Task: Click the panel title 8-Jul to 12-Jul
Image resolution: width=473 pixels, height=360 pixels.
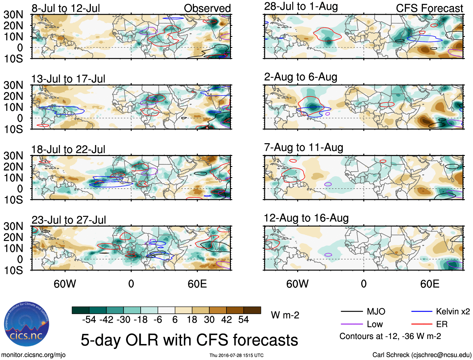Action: (x=66, y=8)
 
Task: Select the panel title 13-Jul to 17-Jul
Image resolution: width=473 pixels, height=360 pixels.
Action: (x=68, y=79)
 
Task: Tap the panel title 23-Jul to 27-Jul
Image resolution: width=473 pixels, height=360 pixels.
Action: (x=69, y=220)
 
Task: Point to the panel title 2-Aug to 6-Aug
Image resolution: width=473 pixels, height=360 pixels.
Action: (x=301, y=77)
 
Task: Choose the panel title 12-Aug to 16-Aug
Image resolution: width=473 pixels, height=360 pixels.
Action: (x=306, y=218)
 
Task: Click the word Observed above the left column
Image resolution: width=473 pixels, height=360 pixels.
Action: (x=207, y=8)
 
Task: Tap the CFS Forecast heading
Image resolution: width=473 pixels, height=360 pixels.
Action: (x=429, y=8)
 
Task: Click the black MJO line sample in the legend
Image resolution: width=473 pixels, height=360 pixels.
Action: (x=351, y=311)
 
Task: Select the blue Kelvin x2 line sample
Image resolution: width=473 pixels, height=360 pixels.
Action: (x=422, y=311)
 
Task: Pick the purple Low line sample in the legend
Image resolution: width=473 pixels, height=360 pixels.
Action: (x=351, y=324)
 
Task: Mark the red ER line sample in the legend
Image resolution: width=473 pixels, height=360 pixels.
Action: (x=422, y=324)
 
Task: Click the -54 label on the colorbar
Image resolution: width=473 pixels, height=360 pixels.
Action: (x=89, y=320)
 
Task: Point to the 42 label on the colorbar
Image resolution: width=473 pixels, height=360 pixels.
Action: (x=226, y=320)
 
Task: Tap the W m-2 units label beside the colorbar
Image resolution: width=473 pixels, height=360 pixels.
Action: (x=285, y=315)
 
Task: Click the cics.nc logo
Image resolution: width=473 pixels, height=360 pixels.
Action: (x=27, y=324)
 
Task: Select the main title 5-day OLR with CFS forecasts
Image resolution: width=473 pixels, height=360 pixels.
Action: (x=189, y=340)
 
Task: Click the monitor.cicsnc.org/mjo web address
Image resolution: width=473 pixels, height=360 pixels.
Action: (x=34, y=355)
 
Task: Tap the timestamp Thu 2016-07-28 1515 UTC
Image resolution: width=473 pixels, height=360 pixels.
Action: (x=236, y=355)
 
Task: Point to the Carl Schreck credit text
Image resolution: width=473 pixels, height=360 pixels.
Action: (x=422, y=355)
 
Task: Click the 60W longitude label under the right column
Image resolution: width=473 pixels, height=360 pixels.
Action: (x=297, y=284)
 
